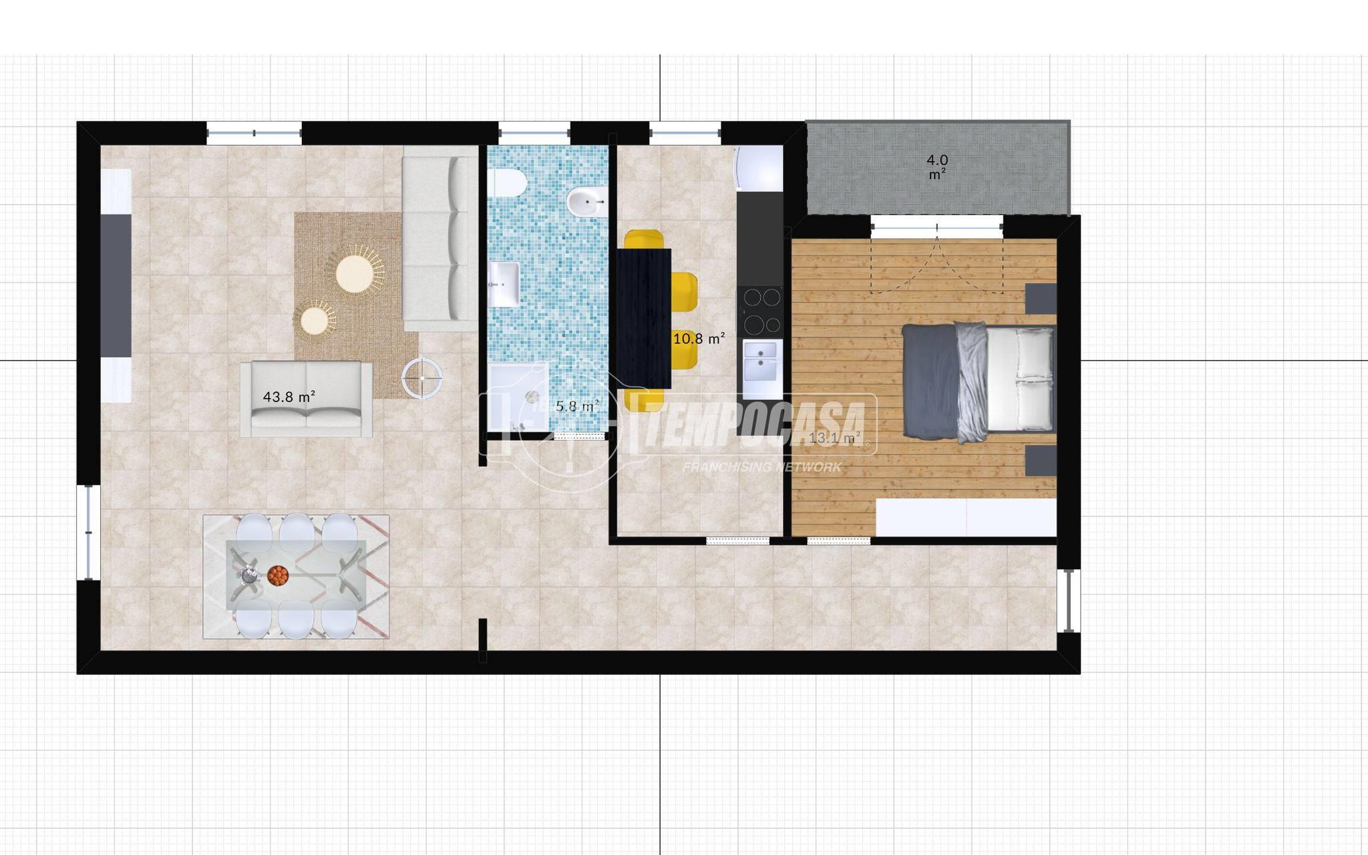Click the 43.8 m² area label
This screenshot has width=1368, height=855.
pos(289,397)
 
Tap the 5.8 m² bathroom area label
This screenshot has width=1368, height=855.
pos(577,405)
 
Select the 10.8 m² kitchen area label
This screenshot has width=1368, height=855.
pos(699,339)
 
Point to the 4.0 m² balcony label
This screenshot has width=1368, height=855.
pos(937,167)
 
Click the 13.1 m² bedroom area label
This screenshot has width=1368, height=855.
pos(835,438)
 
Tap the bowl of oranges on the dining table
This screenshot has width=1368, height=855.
pos(278,575)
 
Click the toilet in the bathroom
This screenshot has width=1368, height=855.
pos(508,183)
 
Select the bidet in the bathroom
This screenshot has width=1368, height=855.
pos(587,200)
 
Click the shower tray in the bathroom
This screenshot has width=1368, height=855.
pos(518,397)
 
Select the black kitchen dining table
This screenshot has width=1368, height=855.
pos(644,318)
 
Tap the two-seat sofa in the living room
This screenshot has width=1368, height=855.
pos(307,399)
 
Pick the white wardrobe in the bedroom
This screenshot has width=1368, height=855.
pos(966,518)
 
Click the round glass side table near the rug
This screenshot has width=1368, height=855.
pos(422,378)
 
